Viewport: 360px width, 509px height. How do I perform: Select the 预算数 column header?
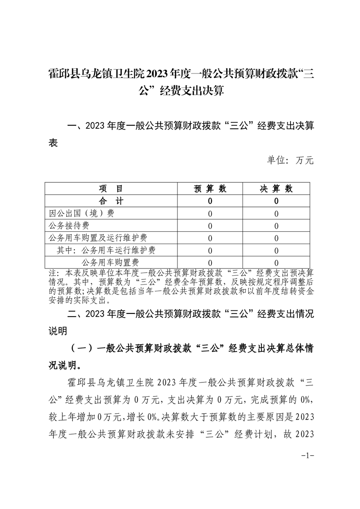(x=210, y=189)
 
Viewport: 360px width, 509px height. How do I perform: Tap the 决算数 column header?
(x=276, y=189)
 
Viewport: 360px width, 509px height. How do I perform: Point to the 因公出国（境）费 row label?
(x=81, y=213)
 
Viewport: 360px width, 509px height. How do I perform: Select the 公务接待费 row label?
(x=69, y=225)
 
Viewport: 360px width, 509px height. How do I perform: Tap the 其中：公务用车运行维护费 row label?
(x=106, y=250)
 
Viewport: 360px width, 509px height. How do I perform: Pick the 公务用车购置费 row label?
(x=110, y=262)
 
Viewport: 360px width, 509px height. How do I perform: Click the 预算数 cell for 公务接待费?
(x=210, y=225)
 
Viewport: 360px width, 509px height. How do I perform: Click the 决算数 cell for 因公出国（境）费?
(x=276, y=213)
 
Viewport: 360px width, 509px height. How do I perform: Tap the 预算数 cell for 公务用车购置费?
(x=210, y=262)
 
